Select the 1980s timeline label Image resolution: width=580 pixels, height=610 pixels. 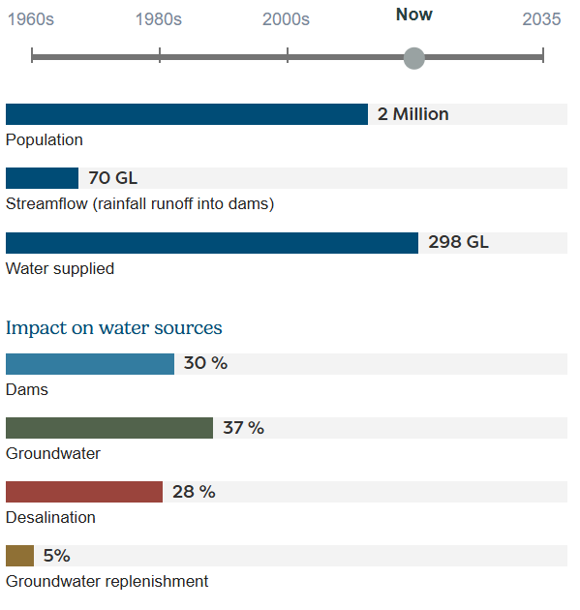159,19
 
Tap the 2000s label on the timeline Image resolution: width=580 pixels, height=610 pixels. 287,19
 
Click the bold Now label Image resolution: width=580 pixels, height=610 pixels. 414,15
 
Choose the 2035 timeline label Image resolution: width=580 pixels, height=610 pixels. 541,19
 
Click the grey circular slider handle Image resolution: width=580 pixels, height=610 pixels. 414,58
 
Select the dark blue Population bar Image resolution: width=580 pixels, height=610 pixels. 186,114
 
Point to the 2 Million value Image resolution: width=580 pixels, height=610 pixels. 412,114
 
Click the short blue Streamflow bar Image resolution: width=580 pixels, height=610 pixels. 42,178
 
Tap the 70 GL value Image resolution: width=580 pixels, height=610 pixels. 112,178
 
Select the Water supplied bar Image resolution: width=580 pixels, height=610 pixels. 211,243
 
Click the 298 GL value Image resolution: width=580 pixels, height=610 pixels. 458,243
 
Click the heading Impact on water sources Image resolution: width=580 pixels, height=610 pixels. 114,327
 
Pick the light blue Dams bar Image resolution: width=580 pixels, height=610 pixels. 89,364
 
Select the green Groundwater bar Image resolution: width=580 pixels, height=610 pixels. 108,428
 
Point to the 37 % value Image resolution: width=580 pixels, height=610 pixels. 243,428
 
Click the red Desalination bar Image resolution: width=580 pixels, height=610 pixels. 83,492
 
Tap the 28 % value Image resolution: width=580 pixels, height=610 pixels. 194,492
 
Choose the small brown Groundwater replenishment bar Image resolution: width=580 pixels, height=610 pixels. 19,556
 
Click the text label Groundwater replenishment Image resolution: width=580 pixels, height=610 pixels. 107,582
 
